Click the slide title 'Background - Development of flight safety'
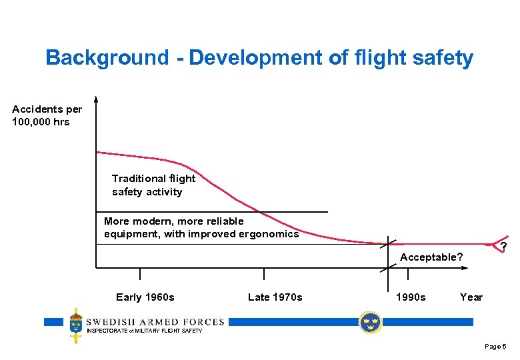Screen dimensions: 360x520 tap(259, 58)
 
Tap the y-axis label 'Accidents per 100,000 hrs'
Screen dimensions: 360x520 tap(41, 115)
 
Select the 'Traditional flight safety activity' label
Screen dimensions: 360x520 tap(154, 185)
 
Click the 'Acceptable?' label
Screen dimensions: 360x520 tap(431, 257)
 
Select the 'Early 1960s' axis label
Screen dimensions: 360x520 tap(145, 297)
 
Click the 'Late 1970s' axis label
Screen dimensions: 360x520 tap(275, 297)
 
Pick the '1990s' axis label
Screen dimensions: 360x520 tap(411, 297)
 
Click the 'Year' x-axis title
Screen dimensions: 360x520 tap(471, 297)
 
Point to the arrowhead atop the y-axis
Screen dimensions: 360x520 tap(96, 100)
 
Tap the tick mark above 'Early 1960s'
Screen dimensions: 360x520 tap(140, 274)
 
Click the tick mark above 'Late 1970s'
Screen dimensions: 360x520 tap(264, 274)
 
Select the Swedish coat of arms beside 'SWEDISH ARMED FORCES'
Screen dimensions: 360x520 tap(76, 325)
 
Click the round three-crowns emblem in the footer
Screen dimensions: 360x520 tap(369, 323)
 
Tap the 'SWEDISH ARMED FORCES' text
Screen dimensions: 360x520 tap(155, 322)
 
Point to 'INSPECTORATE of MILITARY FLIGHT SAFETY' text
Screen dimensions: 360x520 tap(145, 331)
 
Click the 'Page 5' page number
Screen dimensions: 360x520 tap(495, 347)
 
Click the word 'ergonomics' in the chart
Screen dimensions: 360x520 tap(272, 234)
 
